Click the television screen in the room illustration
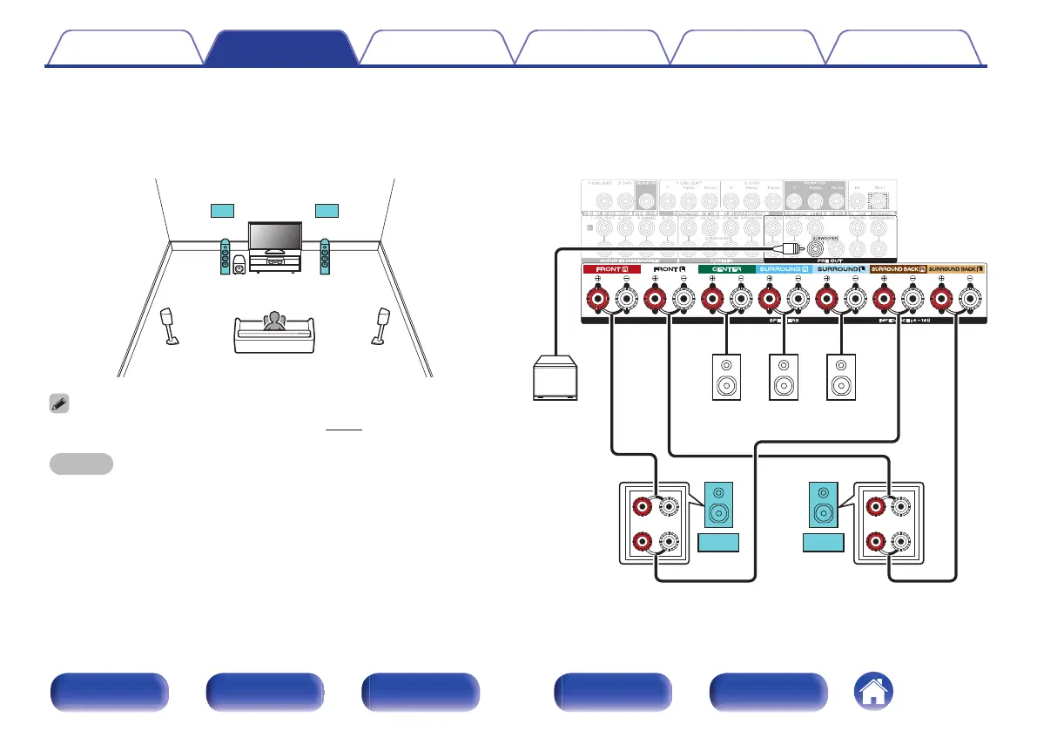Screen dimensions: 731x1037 (x=274, y=235)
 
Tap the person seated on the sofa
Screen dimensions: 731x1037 (x=274, y=323)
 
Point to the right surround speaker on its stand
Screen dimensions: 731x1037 (x=381, y=325)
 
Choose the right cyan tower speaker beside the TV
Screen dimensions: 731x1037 (x=325, y=257)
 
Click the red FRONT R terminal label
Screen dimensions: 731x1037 (x=611, y=269)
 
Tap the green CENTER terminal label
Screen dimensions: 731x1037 (x=726, y=269)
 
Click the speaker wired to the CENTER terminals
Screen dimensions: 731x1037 (x=726, y=376)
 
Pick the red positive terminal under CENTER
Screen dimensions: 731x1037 (x=711, y=301)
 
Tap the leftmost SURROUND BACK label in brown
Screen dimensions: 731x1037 (x=899, y=269)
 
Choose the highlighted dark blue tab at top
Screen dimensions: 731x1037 (x=280, y=48)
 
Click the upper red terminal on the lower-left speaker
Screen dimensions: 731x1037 (x=642, y=504)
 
